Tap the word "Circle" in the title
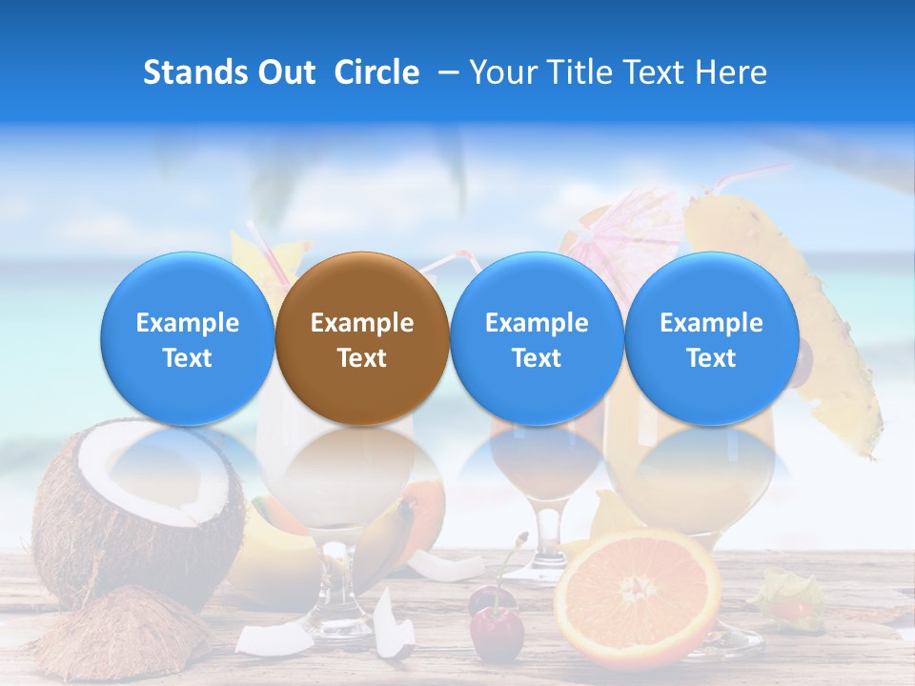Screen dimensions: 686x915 (376, 72)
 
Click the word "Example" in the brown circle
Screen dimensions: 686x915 (362, 323)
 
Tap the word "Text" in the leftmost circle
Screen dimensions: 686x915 (188, 358)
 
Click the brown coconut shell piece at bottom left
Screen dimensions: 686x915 (114, 634)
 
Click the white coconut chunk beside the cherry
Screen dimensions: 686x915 (393, 624)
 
